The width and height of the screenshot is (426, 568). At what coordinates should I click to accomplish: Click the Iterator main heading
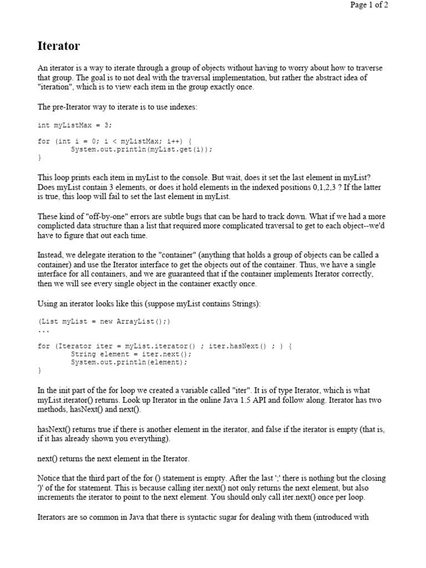pyautogui.click(x=58, y=46)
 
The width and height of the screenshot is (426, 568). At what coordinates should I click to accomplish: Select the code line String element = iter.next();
pyautogui.click(x=131, y=354)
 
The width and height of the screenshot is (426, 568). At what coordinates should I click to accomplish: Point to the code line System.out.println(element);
pyautogui.click(x=129, y=362)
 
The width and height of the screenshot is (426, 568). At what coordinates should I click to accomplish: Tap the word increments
pyautogui.click(x=58, y=498)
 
